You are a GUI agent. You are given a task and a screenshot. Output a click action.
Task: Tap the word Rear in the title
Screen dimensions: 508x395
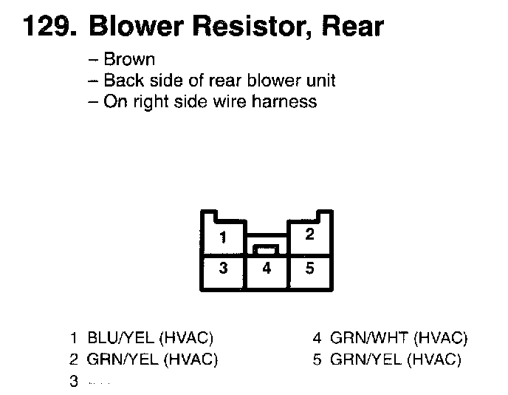click(353, 27)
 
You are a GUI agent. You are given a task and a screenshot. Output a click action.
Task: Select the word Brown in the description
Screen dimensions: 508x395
click(129, 60)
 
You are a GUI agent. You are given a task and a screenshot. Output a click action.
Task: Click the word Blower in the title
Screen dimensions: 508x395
click(138, 27)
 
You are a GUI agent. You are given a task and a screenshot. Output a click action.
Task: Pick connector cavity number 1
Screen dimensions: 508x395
click(223, 238)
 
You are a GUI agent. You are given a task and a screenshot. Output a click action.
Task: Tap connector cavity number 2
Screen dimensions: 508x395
click(310, 234)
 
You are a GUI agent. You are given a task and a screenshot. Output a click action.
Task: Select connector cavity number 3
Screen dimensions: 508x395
click(223, 269)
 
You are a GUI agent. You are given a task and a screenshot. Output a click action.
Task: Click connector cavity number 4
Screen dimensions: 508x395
click(267, 269)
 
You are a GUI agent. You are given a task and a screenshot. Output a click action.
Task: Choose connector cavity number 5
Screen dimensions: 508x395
click(310, 269)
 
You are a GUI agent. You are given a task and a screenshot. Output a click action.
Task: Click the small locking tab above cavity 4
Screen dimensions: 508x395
click(267, 249)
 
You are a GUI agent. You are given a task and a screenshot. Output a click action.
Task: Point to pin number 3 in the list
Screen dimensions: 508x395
click(74, 382)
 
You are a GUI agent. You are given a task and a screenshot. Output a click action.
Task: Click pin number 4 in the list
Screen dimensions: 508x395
click(317, 339)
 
